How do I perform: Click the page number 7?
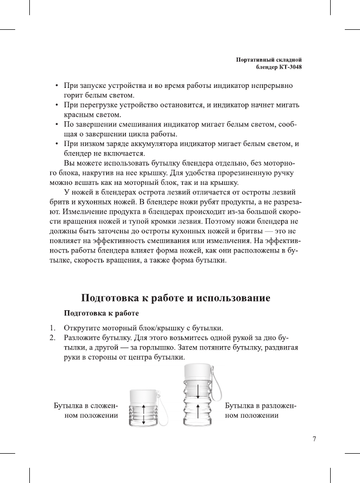tap(314, 439)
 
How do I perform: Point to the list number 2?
tap(52, 337)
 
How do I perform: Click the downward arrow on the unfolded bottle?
tap(198, 391)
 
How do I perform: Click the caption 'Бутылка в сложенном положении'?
tap(86, 411)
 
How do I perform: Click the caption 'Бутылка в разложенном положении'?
tap(260, 411)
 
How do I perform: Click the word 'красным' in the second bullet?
tap(77, 115)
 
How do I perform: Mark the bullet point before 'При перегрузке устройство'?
tap(57, 106)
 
